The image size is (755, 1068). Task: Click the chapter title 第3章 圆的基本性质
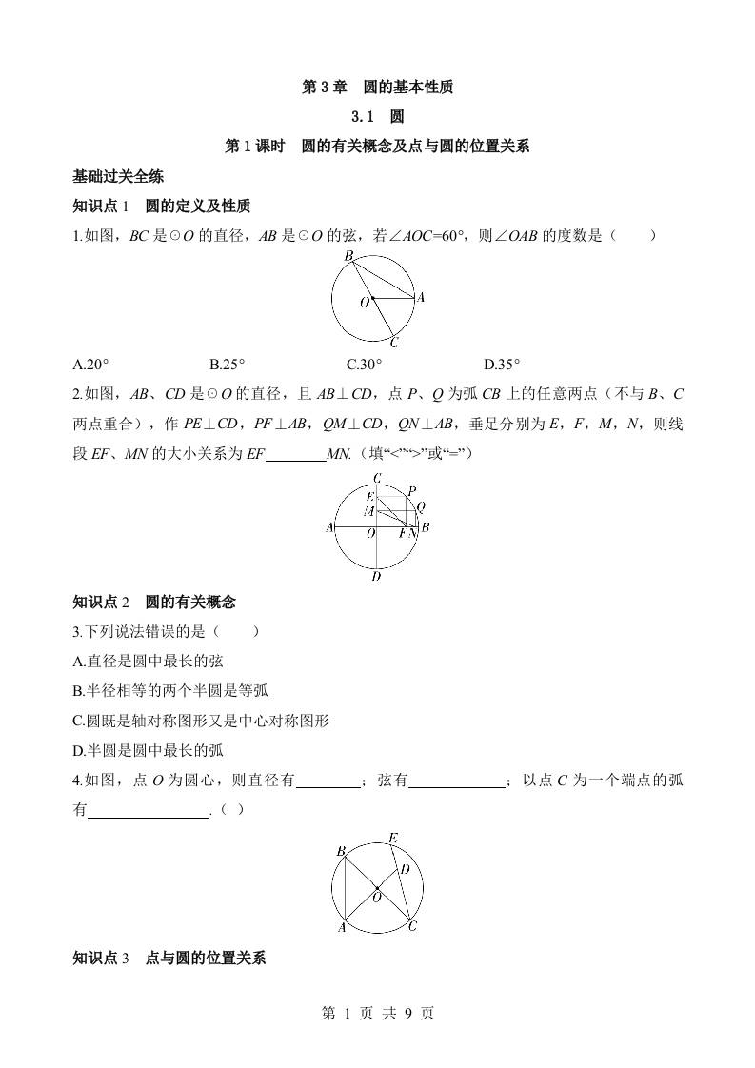(x=377, y=88)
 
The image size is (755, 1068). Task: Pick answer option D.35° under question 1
(x=502, y=364)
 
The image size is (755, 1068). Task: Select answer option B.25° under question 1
(x=228, y=364)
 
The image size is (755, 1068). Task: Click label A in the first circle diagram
(x=421, y=297)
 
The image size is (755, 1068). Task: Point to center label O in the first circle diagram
(x=364, y=302)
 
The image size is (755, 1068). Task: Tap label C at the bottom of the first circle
(x=394, y=344)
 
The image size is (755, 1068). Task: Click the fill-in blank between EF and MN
(x=295, y=455)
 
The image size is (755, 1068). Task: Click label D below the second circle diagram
(x=377, y=576)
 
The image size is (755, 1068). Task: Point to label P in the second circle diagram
(x=411, y=491)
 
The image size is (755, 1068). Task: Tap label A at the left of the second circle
(x=329, y=527)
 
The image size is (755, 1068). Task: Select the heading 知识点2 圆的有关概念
(x=154, y=602)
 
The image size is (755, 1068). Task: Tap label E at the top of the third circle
(x=392, y=838)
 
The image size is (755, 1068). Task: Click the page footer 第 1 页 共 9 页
(x=377, y=1013)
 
